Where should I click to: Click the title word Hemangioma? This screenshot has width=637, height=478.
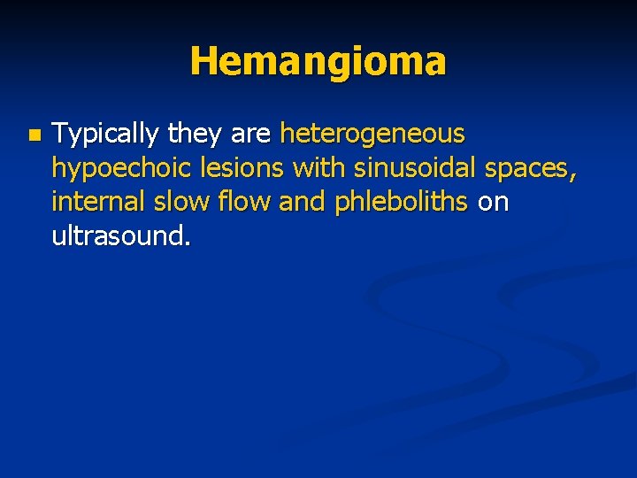318,61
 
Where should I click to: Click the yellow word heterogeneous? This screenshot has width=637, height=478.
372,135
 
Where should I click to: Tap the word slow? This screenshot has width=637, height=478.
175,202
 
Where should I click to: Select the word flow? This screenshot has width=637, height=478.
240,202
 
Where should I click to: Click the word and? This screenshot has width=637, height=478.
300,202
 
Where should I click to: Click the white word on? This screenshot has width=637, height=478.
493,204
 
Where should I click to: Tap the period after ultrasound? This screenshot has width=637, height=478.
188,243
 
